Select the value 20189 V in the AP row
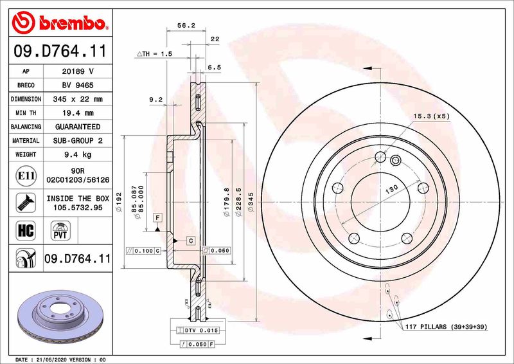click(79, 72)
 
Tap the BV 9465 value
click(79, 86)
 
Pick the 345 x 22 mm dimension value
click(79, 100)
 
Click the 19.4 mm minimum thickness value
click(79, 113)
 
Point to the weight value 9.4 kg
click(79, 154)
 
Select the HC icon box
click(23, 229)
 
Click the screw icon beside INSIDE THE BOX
click(23, 202)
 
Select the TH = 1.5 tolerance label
click(155, 54)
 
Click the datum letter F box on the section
click(157, 219)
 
